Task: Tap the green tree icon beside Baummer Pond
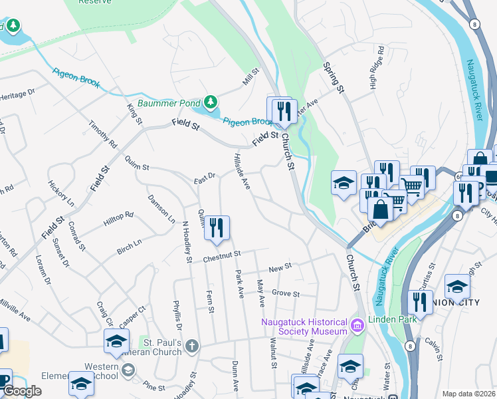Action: point(211,102)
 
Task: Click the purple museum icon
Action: point(357,325)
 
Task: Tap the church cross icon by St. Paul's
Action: point(192,345)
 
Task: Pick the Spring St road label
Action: point(334,77)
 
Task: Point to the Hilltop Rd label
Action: point(118,220)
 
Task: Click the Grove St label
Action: point(286,293)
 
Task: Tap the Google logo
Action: point(22,391)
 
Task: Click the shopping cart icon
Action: point(411,188)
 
